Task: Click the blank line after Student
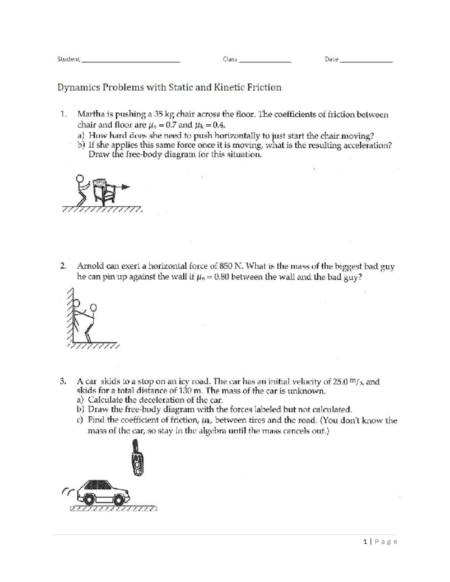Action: point(131,60)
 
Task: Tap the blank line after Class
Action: point(265,60)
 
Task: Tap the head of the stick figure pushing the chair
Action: point(79,178)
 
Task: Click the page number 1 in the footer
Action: point(365,542)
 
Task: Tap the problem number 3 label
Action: point(63,382)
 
